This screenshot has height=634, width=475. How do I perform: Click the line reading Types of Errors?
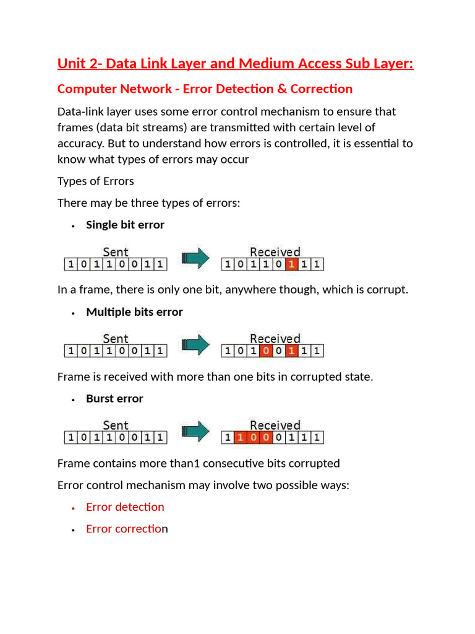[95, 181]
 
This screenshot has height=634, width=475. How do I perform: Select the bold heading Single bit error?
[125, 225]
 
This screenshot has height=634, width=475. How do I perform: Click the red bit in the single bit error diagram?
[291, 265]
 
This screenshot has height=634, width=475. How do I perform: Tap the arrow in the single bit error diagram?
[194, 259]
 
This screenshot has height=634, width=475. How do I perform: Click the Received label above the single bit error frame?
[275, 252]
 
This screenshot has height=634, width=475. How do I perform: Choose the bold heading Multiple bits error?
[134, 312]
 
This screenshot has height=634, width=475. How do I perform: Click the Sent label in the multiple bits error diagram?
[116, 339]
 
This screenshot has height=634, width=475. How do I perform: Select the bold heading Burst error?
[114, 399]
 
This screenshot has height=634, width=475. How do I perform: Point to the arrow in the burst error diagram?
[194, 432]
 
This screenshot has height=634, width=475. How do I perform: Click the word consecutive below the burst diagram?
[240, 463]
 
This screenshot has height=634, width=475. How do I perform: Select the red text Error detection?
[125, 507]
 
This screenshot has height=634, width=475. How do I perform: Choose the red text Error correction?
[127, 529]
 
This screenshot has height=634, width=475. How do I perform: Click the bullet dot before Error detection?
[72, 508]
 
